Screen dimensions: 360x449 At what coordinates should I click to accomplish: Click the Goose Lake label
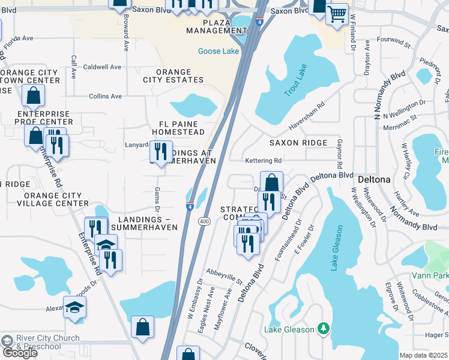coord(218,52)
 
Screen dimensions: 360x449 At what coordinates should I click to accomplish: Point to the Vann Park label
coord(430,275)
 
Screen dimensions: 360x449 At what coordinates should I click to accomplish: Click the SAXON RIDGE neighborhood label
coord(298,143)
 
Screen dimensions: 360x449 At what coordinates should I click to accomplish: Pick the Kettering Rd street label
coord(263,161)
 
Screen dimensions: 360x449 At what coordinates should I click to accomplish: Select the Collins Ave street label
coord(105,96)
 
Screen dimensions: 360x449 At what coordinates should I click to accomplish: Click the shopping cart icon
coord(337,13)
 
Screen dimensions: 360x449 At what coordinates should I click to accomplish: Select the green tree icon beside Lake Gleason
coord(324,328)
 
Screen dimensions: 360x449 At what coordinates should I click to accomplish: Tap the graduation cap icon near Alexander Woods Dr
coord(75,308)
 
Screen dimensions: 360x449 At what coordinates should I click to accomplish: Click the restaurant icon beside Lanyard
coord(160,151)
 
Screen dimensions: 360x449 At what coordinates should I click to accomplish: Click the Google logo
coord(20,353)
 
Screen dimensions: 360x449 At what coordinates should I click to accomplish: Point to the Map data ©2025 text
coord(423,355)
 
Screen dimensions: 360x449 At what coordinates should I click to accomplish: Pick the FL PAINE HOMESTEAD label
coord(178,127)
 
